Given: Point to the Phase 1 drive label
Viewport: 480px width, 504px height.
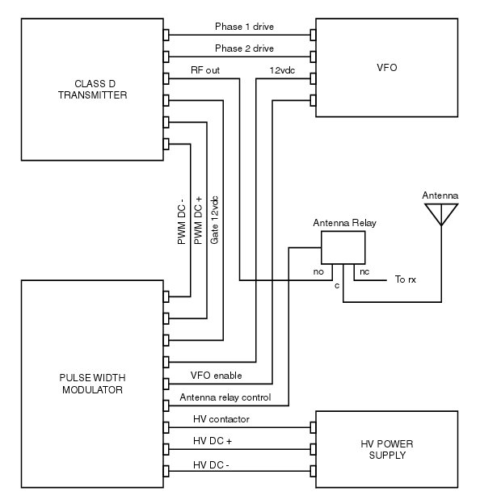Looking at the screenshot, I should click(244, 27).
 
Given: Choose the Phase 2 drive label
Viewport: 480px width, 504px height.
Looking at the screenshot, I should click(244, 48).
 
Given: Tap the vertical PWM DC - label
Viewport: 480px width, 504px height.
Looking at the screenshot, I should click(182, 222).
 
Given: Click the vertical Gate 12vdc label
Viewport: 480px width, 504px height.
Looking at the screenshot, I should click(214, 220).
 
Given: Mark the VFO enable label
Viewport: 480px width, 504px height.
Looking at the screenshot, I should click(216, 376).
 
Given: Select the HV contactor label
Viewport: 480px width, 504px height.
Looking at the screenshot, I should click(221, 419).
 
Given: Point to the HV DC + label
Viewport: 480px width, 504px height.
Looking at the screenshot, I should click(213, 442).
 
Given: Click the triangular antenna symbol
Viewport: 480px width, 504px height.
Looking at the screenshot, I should click(440, 214).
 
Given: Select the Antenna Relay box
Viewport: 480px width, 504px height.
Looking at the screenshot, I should click(343, 247).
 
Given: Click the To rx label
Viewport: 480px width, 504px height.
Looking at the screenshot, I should click(406, 280).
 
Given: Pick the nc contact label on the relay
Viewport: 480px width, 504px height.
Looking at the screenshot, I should click(364, 272).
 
